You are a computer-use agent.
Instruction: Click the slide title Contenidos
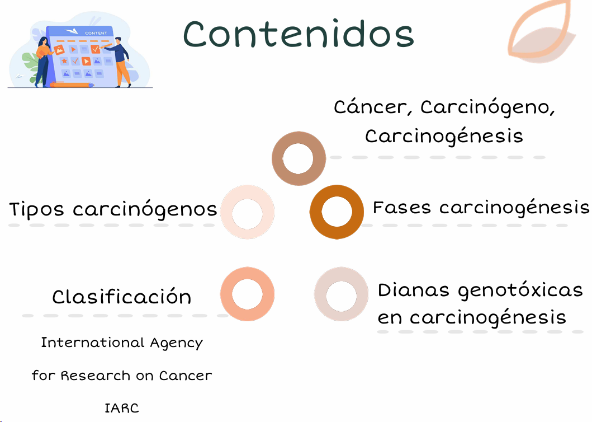(299, 34)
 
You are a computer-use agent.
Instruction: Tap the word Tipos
(36, 209)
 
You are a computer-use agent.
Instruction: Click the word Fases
(402, 207)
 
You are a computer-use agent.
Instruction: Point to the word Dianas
(414, 290)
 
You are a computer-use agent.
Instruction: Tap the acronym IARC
(121, 409)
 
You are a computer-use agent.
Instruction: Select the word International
(93, 342)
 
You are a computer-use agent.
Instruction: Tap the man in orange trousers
(120, 62)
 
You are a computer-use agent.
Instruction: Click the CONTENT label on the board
(96, 33)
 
